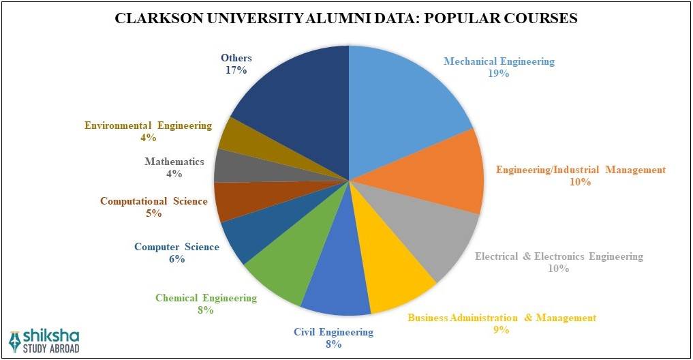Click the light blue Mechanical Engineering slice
click(x=402, y=102)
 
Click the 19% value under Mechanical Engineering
click(x=498, y=74)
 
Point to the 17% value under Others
click(x=236, y=70)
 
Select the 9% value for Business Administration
click(x=502, y=330)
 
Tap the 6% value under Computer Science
click(x=176, y=259)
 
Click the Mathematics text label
click(x=174, y=162)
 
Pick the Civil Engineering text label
click(x=333, y=332)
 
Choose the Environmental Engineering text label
click(x=148, y=125)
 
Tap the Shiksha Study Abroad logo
click(x=44, y=341)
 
